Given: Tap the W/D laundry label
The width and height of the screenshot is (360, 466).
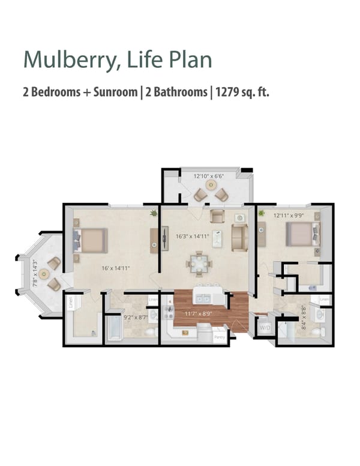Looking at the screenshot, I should [x=264, y=328].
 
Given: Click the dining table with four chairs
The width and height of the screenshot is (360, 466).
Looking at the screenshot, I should [x=198, y=262].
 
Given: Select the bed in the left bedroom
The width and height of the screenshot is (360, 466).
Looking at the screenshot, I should [x=91, y=240].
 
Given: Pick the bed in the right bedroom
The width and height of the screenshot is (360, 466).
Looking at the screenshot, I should [x=301, y=234].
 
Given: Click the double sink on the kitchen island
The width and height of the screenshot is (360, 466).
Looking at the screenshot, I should [x=201, y=298].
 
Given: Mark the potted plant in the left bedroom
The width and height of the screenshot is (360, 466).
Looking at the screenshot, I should [x=154, y=213].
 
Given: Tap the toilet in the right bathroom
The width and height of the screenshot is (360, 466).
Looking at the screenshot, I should [x=322, y=331].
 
